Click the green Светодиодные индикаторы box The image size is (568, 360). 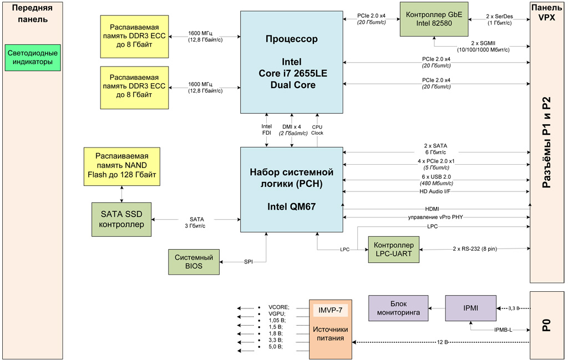point(32,58)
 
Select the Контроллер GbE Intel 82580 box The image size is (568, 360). point(434,19)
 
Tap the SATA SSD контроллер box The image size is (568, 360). point(121,220)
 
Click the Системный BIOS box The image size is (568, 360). point(194,262)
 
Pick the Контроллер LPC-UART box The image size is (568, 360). point(394,250)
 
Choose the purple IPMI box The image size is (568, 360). point(470,308)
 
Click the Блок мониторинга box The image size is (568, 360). point(398,308)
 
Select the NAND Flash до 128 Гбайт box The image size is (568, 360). point(121,166)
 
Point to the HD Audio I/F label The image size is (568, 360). point(435,191)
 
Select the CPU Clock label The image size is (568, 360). point(317,130)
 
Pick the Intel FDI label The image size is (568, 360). point(267,130)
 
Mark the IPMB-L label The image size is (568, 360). point(503,330)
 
